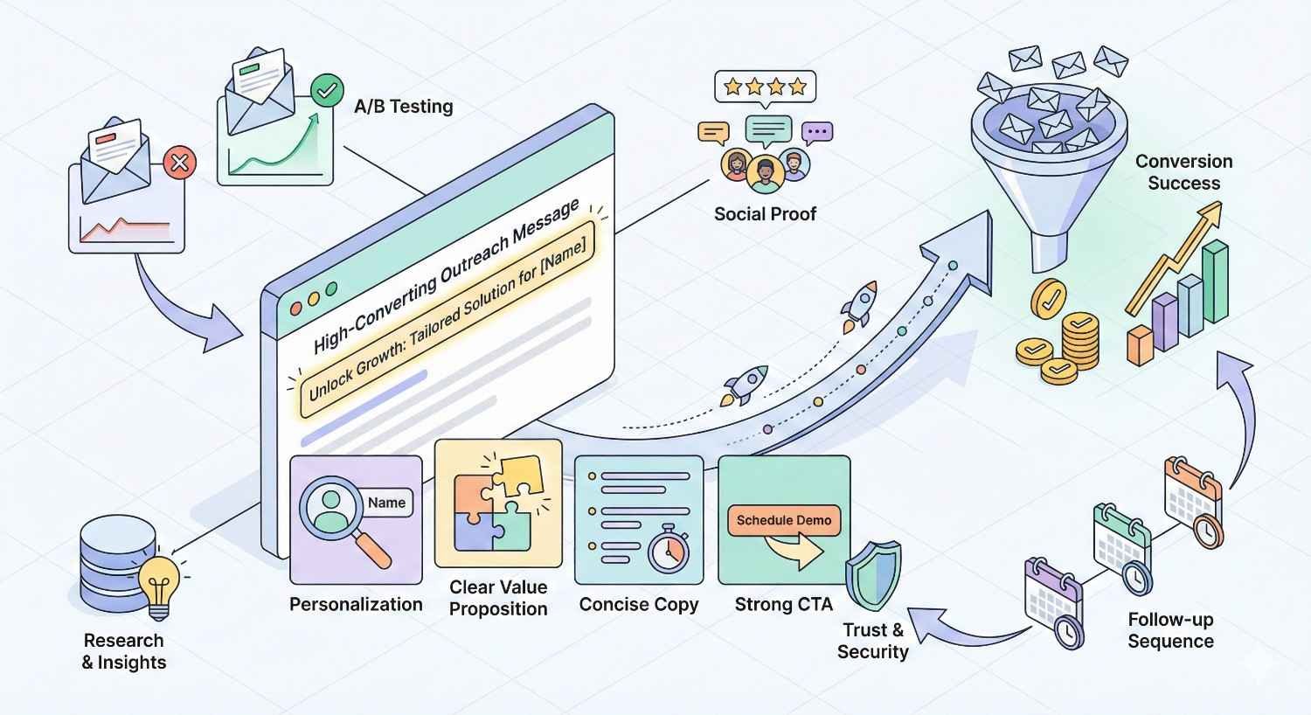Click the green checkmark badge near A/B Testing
[x=327, y=89]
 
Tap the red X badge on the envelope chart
[x=179, y=162]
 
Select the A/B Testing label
[x=403, y=107]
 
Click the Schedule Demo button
[x=783, y=520]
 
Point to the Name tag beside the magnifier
[x=386, y=503]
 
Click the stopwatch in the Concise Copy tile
[x=669, y=551]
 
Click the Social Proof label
[x=765, y=214]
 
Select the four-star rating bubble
[x=765, y=87]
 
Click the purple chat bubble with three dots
[x=816, y=133]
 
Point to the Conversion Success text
[x=1183, y=172]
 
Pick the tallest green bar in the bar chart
[x=1215, y=281]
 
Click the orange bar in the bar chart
[x=1141, y=344]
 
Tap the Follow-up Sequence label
[x=1170, y=630]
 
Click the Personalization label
[x=356, y=604]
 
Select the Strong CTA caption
[x=783, y=604]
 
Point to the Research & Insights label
[x=124, y=651]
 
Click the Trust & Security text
[x=873, y=641]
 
